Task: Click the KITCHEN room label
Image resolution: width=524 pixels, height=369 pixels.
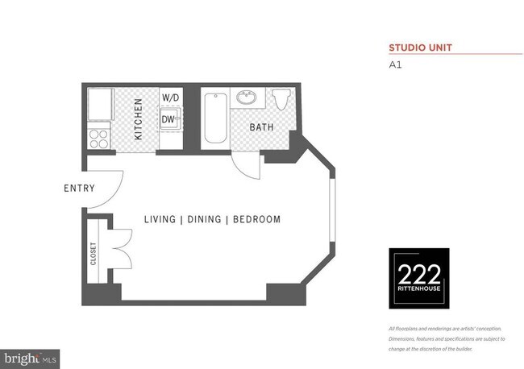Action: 139,119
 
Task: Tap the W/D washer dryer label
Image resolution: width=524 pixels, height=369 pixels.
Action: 169,98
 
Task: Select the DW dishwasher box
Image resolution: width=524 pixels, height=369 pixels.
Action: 168,120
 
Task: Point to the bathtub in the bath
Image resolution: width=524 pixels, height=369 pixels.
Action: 214,118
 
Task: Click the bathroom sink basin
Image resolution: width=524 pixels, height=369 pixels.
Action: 245,98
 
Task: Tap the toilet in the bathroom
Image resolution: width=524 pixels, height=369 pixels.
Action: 281,99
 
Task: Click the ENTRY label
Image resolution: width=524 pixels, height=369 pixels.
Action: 79,189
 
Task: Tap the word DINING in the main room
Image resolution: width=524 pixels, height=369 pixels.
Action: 207,219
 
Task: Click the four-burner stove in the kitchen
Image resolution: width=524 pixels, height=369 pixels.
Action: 98,138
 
